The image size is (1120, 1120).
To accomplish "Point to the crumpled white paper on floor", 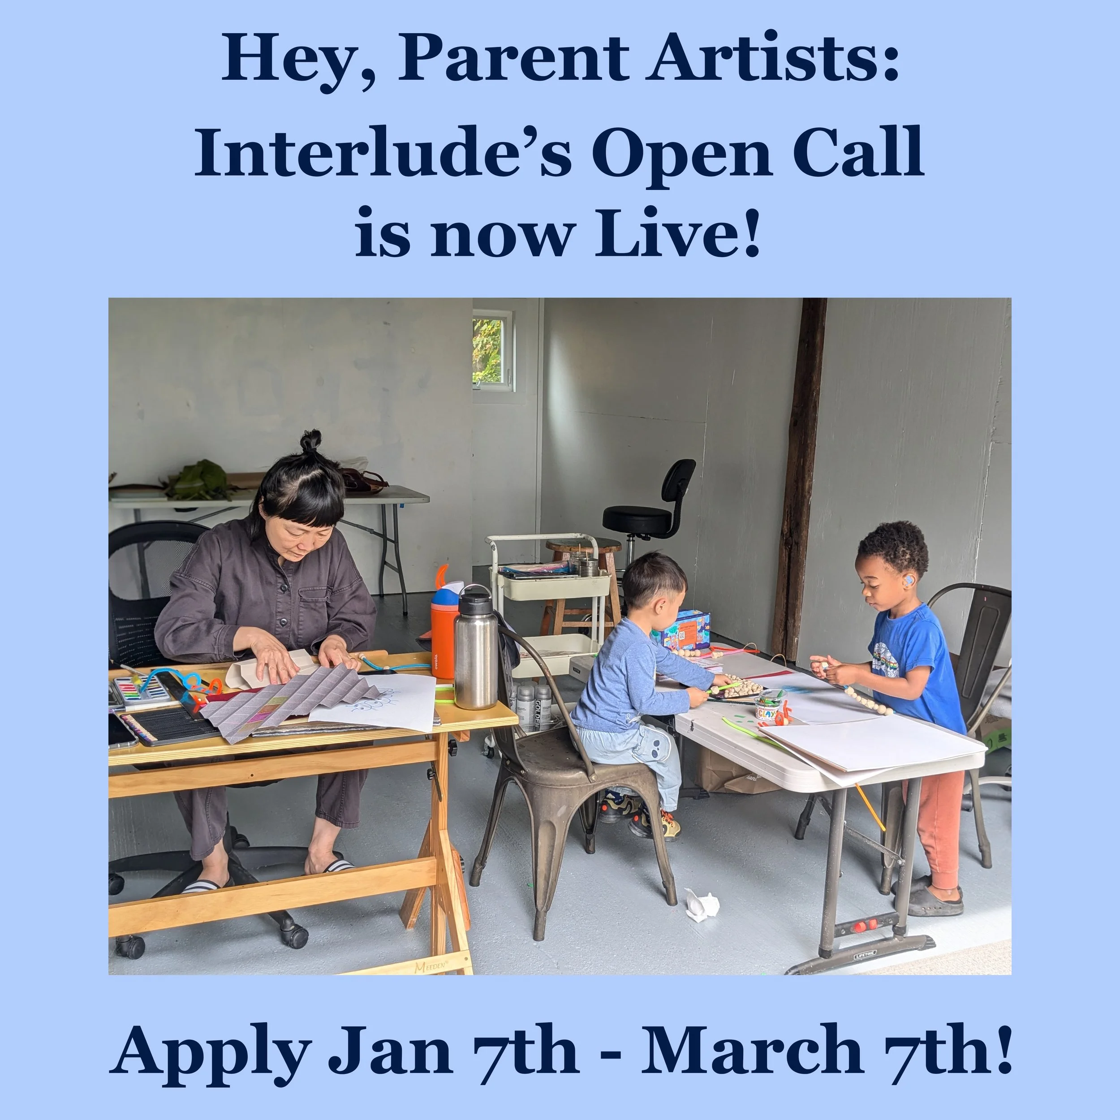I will [x=702, y=905].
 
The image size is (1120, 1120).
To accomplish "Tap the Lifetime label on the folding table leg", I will [x=864, y=954].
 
